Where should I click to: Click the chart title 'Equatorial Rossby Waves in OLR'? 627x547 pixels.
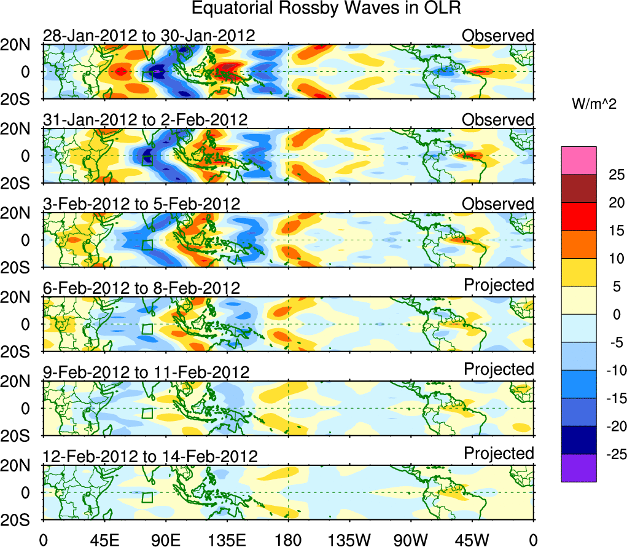[326, 9]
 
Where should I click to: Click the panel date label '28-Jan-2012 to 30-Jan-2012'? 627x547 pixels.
[149, 36]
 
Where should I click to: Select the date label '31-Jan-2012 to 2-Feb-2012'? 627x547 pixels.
[146, 120]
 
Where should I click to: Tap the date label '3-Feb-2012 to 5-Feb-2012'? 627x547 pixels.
[141, 204]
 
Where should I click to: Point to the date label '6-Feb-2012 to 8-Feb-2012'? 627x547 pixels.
[141, 288]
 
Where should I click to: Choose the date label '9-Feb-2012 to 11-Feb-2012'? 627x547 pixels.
[146, 372]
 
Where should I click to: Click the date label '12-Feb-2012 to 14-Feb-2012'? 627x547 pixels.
[150, 457]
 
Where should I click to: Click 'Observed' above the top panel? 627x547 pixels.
[498, 36]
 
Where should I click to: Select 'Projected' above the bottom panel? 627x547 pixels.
[499, 454]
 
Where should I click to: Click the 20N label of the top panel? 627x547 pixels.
[21, 44]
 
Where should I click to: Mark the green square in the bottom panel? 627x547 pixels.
[147, 497]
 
